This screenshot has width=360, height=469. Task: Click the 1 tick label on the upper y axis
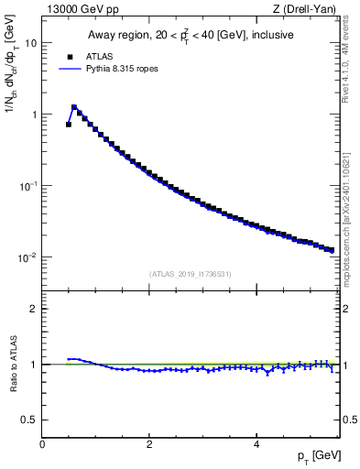[34, 115]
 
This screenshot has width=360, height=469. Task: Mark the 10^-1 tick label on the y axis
[28, 186]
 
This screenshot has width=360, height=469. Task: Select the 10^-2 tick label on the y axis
[28, 257]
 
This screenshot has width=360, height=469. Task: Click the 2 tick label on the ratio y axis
[34, 309]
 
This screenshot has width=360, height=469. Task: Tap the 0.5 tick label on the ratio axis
[30, 420]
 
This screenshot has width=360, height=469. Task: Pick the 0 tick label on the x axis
[42, 444]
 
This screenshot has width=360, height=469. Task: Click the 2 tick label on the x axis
[148, 444]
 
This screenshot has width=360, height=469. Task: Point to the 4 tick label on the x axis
[256, 444]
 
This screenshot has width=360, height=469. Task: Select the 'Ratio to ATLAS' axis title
[13, 365]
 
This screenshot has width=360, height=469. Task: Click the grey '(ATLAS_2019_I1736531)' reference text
[189, 274]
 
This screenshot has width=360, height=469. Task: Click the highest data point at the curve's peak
[74, 107]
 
